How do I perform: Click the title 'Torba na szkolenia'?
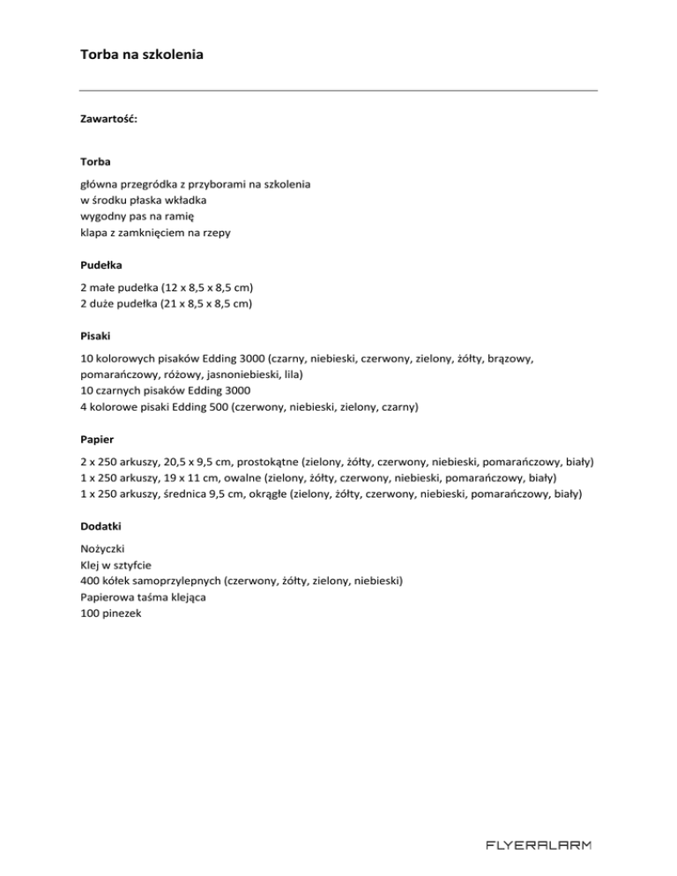click(x=141, y=55)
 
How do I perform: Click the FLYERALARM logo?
click(x=539, y=846)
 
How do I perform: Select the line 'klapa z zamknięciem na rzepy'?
click(x=156, y=232)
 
